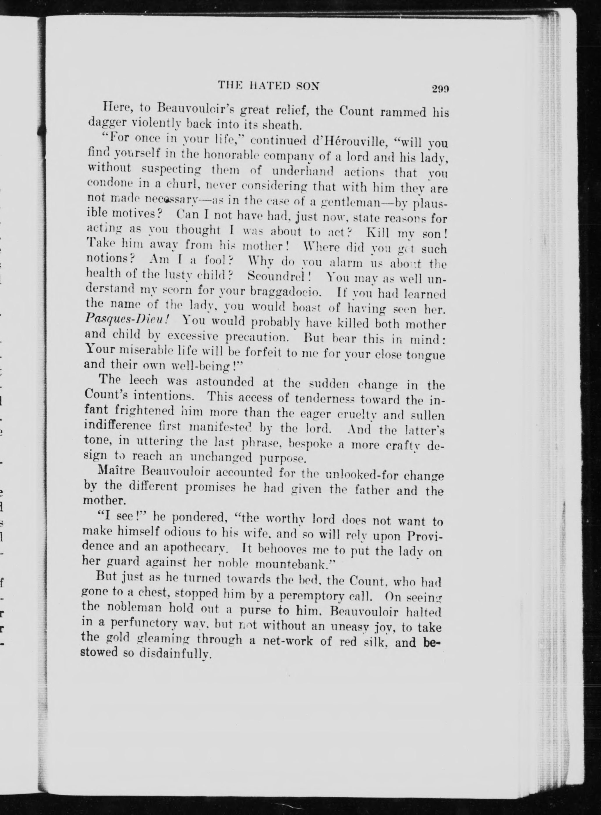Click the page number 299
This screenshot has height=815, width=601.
click(x=440, y=89)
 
